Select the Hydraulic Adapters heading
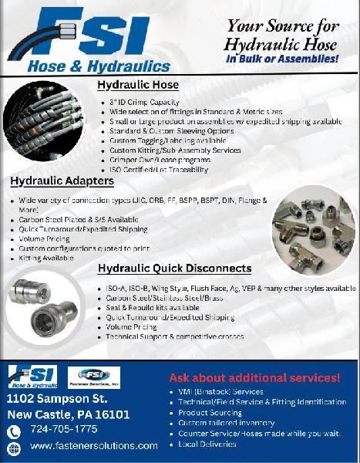(62, 181)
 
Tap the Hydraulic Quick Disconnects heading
(174, 269)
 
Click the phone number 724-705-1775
(63, 429)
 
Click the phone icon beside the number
(12, 430)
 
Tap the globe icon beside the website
(12, 447)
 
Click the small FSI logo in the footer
(32, 377)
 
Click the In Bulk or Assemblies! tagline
(282, 58)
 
